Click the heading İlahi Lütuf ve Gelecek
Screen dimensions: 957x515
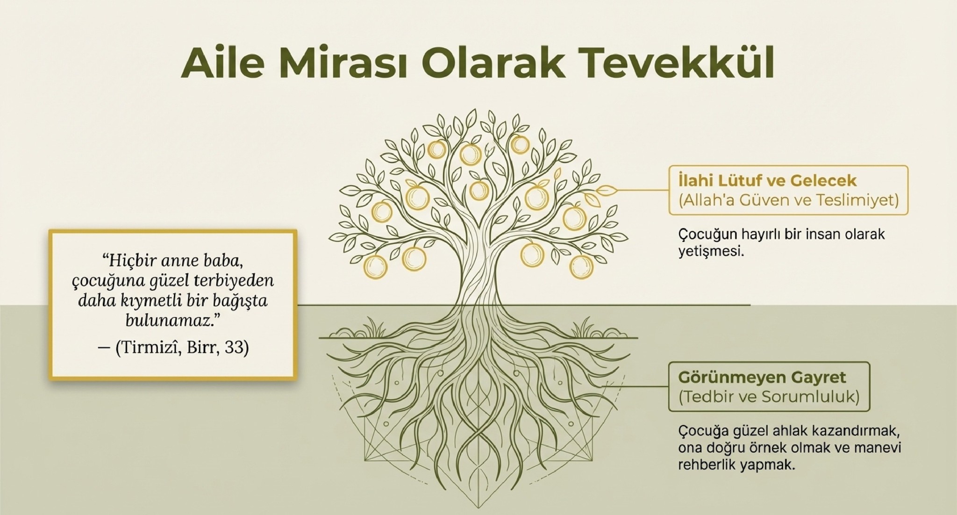[767, 180]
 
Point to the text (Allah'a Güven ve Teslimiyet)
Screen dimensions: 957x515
[789, 200]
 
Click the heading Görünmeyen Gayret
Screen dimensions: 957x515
[762, 377]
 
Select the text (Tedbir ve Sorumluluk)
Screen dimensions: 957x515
[769, 397]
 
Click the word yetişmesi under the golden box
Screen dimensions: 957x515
[710, 252]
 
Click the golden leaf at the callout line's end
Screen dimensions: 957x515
[607, 190]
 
